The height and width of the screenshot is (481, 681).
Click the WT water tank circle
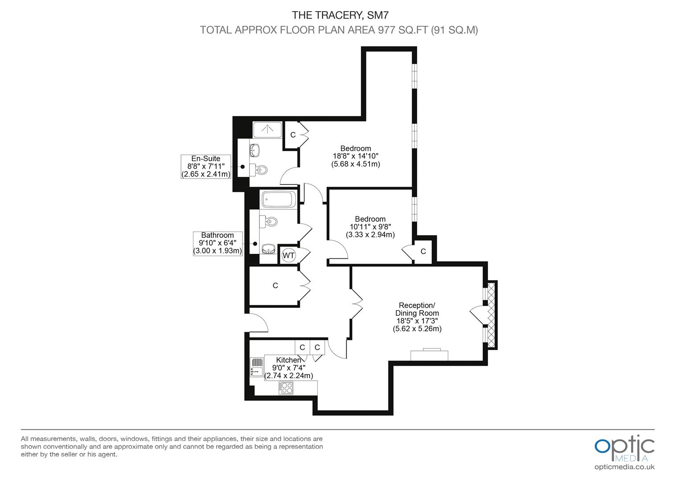[x=288, y=255]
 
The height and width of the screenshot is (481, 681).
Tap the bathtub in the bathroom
[x=279, y=200]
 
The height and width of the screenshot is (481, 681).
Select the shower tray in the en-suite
[x=267, y=130]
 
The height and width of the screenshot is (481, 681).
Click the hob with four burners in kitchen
[x=286, y=388]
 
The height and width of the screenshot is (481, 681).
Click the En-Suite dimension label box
[x=206, y=167]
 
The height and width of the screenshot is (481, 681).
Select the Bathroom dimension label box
[x=217, y=243]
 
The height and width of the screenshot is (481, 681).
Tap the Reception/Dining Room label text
[x=417, y=309]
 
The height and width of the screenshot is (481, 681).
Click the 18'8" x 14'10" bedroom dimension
[x=356, y=156]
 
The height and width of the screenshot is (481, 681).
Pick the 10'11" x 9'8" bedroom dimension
[x=370, y=227]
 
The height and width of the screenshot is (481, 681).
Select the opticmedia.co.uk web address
[x=624, y=467]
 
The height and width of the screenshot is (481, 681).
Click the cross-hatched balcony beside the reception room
[x=492, y=314]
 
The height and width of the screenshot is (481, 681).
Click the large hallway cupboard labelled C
[x=275, y=285]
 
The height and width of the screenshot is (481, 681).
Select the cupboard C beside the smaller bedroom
[x=423, y=252]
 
